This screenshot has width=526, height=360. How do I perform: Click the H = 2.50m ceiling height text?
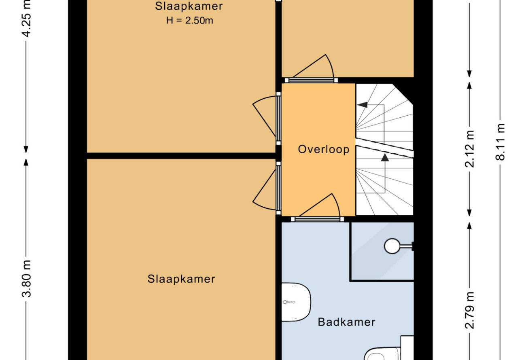[x=189, y=21]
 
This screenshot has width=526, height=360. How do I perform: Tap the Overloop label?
[x=324, y=149]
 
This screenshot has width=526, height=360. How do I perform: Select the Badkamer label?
[x=346, y=322]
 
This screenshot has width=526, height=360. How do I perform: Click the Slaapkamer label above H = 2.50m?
[x=189, y=6]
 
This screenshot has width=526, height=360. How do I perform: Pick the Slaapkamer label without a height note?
[x=181, y=279]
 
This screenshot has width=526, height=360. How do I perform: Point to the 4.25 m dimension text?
[x=26, y=19]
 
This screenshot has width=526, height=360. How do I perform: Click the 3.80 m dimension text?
[x=26, y=279]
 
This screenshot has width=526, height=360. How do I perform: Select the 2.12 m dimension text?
[x=469, y=149]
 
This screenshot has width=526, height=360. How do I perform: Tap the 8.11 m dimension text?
[x=500, y=142]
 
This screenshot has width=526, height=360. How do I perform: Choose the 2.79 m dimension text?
[x=469, y=311]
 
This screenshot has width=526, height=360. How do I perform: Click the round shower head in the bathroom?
[x=392, y=246]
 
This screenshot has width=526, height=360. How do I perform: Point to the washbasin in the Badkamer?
[x=296, y=302]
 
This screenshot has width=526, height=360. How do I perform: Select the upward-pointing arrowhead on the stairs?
[x=385, y=157]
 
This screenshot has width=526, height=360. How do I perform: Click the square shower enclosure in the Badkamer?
[x=382, y=251]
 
